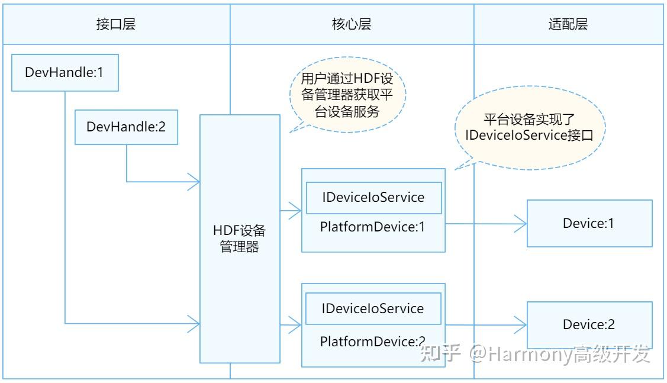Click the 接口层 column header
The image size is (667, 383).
point(115,24)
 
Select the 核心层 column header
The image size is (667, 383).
point(352,24)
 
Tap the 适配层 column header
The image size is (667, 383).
point(568,24)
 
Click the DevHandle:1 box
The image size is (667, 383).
point(65,73)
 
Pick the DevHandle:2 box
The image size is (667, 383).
point(126,127)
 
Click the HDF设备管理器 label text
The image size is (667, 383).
point(240,239)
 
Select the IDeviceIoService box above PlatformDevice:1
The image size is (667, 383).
point(373,198)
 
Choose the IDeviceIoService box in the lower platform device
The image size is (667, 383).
point(373,308)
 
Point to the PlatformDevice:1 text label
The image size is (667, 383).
point(373,227)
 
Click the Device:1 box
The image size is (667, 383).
point(589,223)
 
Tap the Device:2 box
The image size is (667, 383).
point(589,324)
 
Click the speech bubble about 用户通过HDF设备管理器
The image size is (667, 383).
point(346,95)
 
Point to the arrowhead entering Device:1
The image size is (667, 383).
point(521,224)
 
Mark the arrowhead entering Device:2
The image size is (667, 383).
point(521,324)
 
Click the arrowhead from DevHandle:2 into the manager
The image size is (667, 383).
point(194,182)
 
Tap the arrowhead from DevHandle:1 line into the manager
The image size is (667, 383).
point(194,323)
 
